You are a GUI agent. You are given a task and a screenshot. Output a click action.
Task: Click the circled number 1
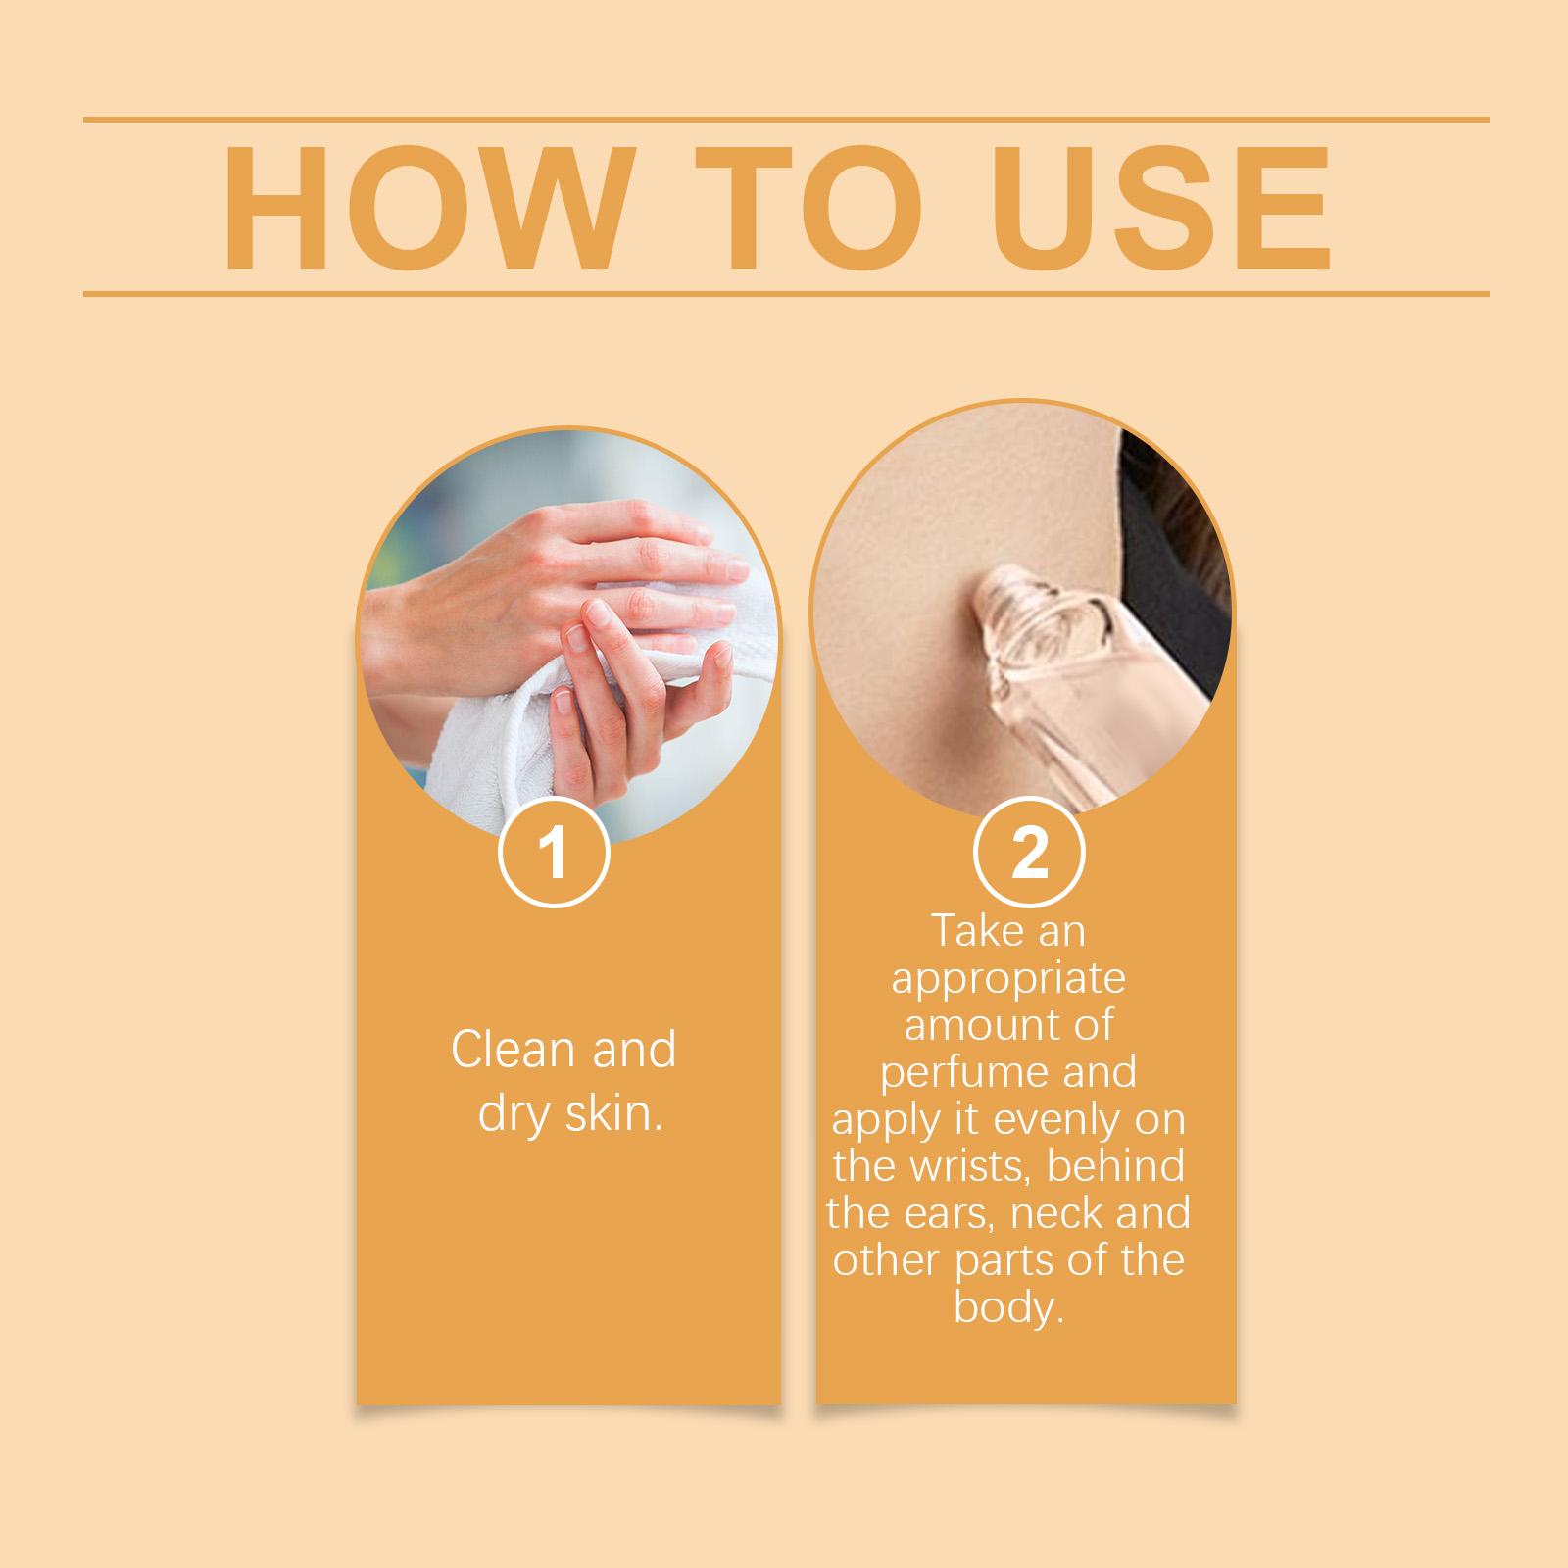[555, 854]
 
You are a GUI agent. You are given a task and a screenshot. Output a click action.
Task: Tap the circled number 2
[1029, 854]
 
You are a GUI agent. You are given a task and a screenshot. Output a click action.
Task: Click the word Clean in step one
[511, 1050]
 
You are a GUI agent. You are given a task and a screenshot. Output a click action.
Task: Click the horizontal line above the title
[786, 120]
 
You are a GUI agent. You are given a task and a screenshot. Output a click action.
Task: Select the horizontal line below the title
[786, 293]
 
